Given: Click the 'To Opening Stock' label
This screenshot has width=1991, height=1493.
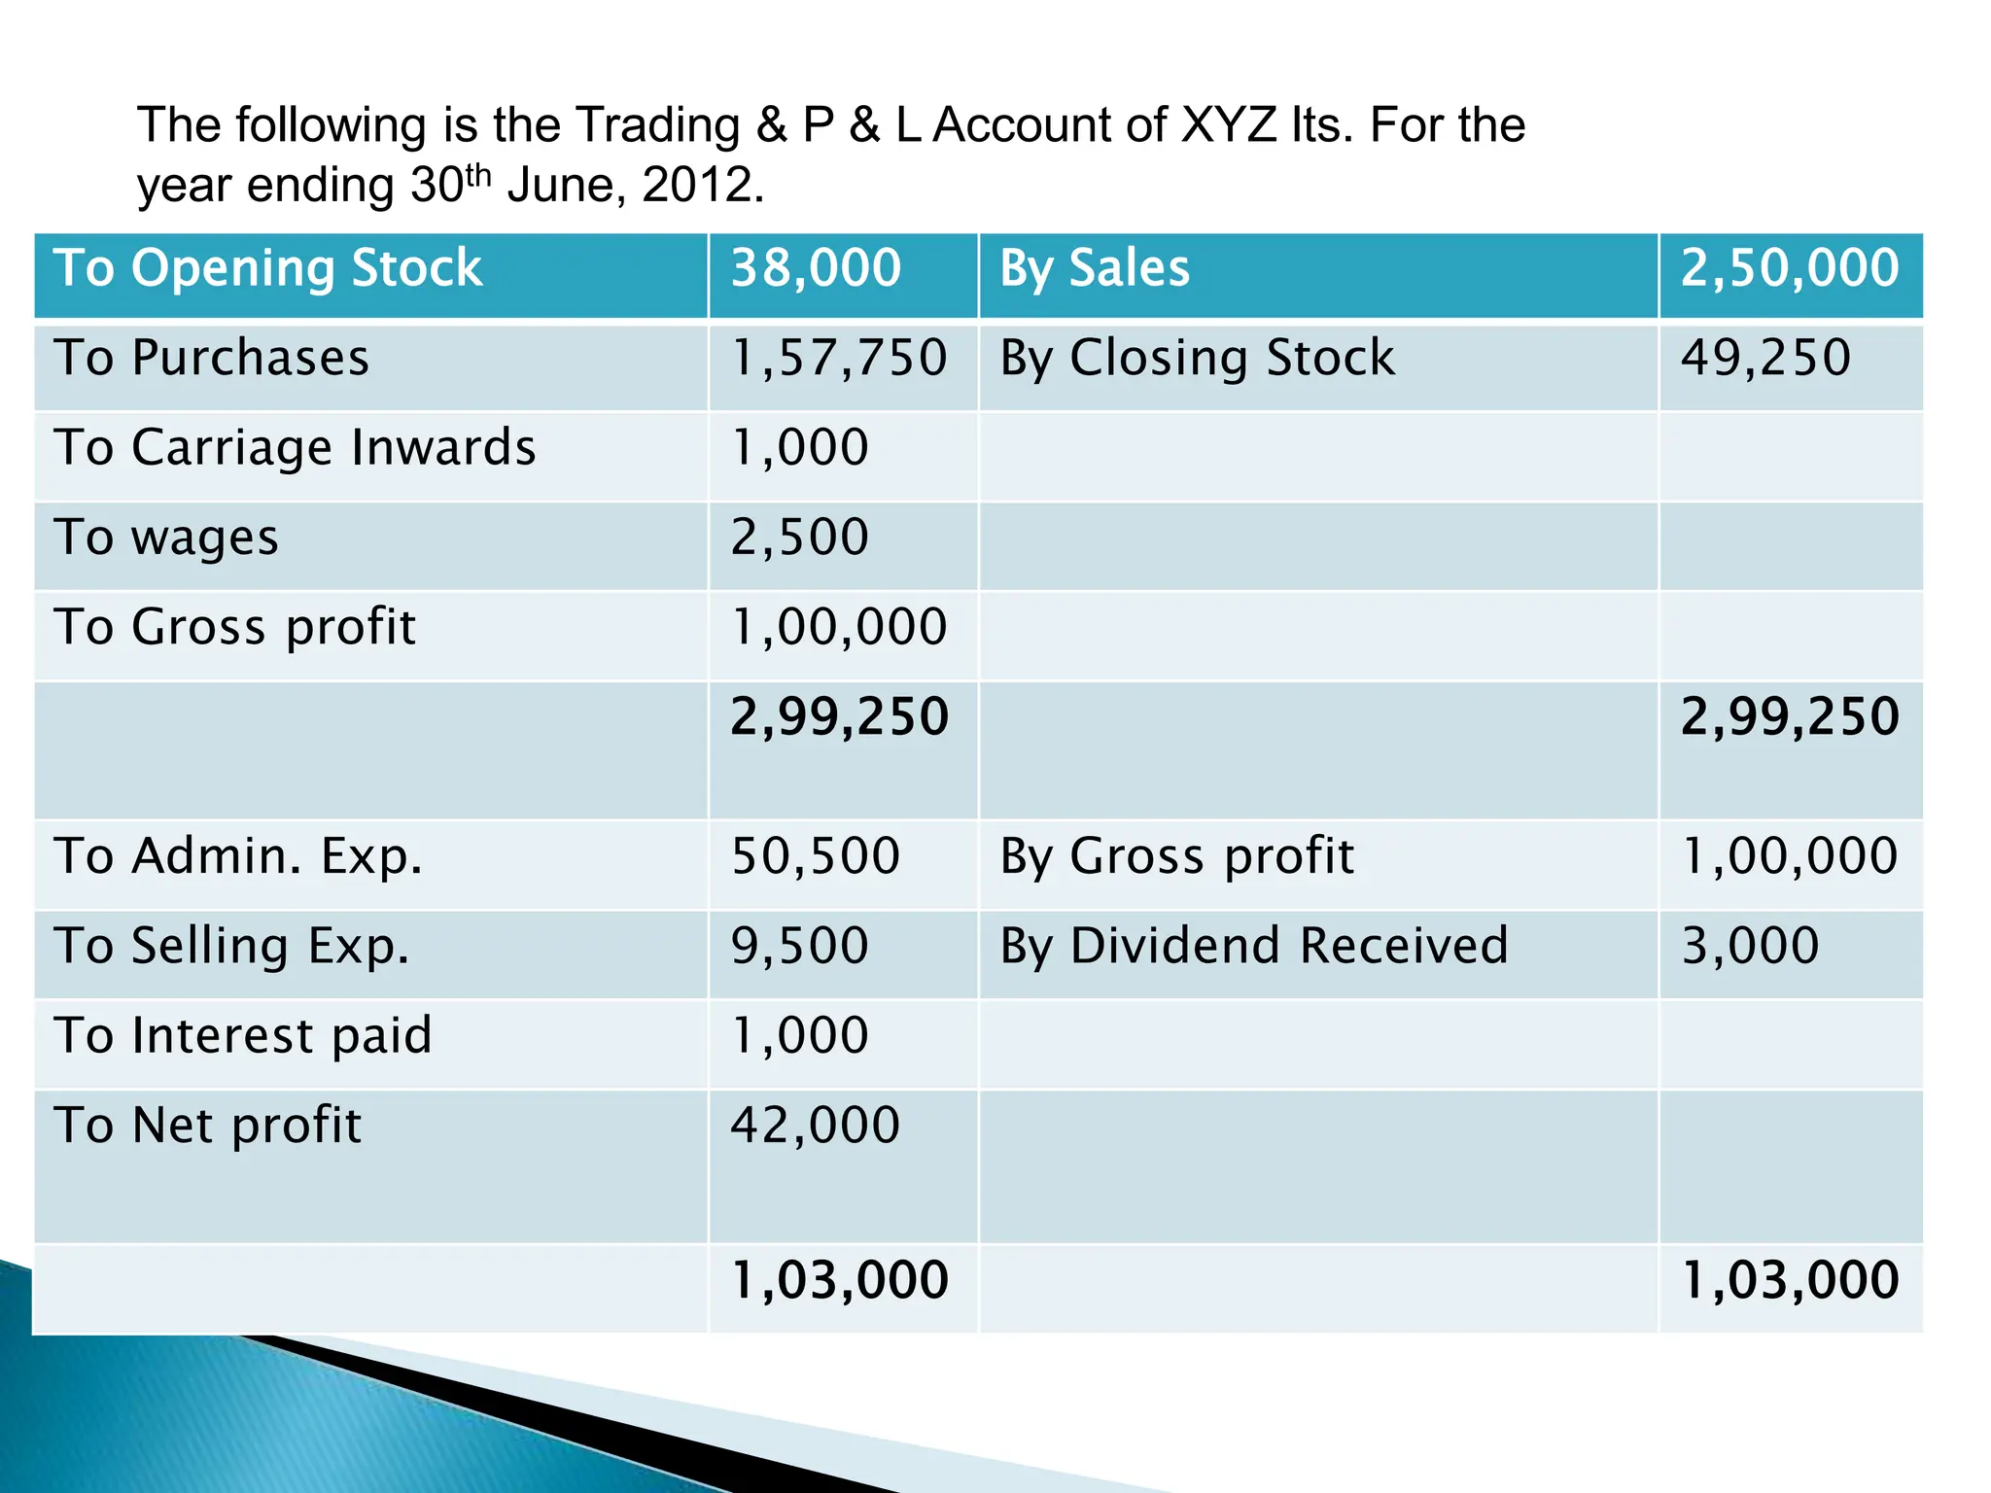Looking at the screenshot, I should [x=267, y=268].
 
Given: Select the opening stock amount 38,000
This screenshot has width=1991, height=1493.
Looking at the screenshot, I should [x=816, y=268].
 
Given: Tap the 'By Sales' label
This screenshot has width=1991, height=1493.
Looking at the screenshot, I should [x=1095, y=268].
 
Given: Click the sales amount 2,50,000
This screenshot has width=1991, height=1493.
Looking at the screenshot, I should [x=1790, y=268].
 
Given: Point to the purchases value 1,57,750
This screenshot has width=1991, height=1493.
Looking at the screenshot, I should [x=838, y=358].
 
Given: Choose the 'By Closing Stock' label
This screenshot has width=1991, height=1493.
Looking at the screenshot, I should [x=1197, y=358].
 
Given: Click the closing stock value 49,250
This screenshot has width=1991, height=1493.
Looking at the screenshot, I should [x=1765, y=358].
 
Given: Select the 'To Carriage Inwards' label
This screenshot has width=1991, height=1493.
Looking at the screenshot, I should [x=295, y=447].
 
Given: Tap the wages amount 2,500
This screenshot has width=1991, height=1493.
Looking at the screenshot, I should [x=799, y=538].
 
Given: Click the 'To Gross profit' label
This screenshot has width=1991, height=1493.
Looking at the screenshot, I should [x=234, y=627].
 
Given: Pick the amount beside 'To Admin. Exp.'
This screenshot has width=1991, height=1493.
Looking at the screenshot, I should [x=815, y=856].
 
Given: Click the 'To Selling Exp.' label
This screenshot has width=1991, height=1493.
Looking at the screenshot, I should [x=231, y=947].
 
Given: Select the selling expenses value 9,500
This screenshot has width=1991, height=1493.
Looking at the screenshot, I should [x=799, y=947].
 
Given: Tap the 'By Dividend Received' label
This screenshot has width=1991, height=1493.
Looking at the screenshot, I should [x=1254, y=947].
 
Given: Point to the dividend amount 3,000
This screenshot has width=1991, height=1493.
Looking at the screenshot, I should [x=1750, y=947].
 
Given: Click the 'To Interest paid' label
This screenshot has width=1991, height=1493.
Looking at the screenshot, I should [x=242, y=1036].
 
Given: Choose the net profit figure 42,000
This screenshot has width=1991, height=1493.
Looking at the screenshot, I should [x=815, y=1126].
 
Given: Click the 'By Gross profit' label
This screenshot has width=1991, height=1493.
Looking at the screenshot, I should [x=1176, y=856].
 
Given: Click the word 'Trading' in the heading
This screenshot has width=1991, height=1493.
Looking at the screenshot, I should [x=657, y=126].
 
